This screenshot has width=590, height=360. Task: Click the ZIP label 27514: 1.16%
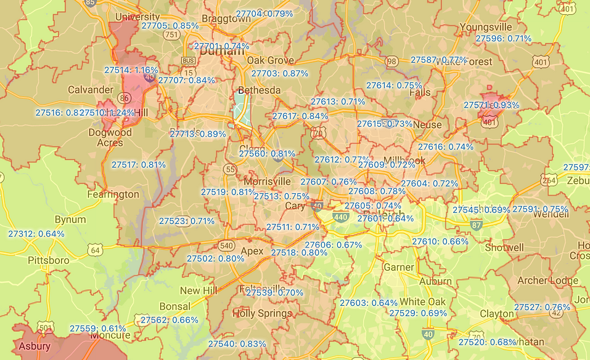pyautogui.click(x=131, y=70)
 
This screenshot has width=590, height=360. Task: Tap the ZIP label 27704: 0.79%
pyautogui.click(x=264, y=14)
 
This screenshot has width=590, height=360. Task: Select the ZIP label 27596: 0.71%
pyautogui.click(x=504, y=38)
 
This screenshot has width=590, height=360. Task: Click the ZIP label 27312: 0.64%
pyautogui.click(x=36, y=234)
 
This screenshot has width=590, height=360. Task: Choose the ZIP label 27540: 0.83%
pyautogui.click(x=237, y=344)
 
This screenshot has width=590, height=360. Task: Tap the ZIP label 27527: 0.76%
pyautogui.click(x=542, y=307)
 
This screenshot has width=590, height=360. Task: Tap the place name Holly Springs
pyautogui.click(x=261, y=314)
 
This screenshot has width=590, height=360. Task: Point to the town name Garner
pyautogui.click(x=399, y=267)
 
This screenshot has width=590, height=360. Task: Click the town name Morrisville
pyautogui.click(x=267, y=182)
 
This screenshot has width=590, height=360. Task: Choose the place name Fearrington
pyautogui.click(x=113, y=194)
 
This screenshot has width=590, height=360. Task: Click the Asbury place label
pyautogui.click(x=35, y=346)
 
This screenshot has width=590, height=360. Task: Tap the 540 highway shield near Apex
pyautogui.click(x=226, y=246)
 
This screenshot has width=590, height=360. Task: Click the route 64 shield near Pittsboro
pyautogui.click(x=94, y=249)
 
